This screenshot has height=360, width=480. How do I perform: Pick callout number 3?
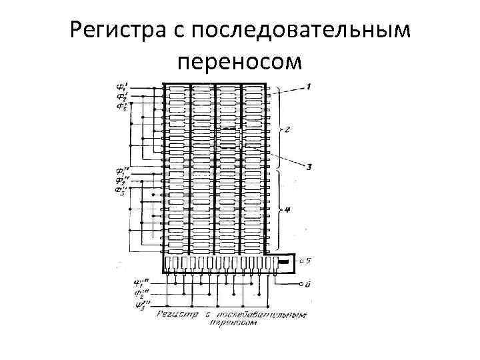coord(309,167)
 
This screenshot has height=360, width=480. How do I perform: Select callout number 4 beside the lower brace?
coord(287,211)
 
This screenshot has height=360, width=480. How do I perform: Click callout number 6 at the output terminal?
coord(307,284)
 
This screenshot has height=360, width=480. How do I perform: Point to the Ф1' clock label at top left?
coord(122,87)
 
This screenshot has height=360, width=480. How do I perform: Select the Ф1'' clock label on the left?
coord(121,171)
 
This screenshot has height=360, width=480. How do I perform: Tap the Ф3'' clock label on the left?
coord(121,191)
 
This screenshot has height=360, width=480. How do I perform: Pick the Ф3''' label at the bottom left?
coord(141,305)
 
